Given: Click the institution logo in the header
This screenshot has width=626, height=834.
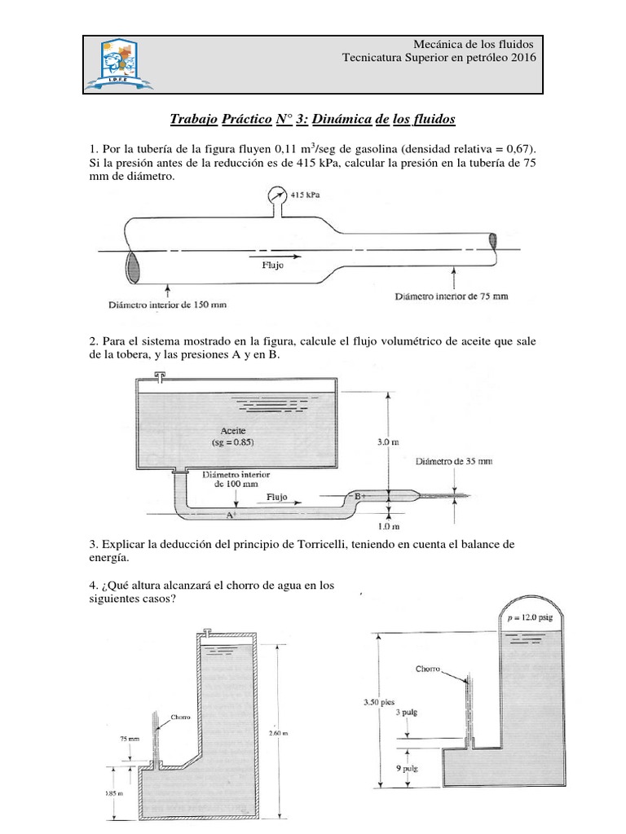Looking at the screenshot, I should [122, 63].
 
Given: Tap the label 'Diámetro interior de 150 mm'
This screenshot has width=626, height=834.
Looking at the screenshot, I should [167, 305].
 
